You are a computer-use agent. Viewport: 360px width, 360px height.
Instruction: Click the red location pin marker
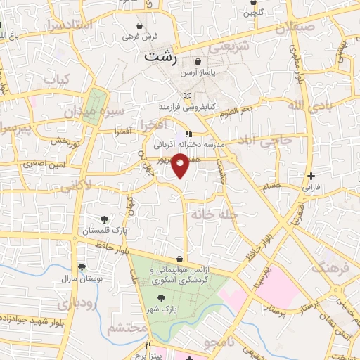pyautogui.click(x=181, y=165)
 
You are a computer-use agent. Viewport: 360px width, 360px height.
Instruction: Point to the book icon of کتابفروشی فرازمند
pyautogui.click(x=186, y=96)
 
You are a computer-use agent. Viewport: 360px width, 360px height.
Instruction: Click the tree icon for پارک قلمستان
pyautogui.click(x=105, y=219)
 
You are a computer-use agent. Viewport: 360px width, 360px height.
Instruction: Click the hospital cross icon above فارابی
pyautogui.click(x=310, y=175)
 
